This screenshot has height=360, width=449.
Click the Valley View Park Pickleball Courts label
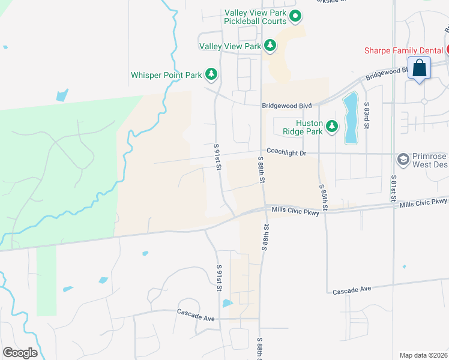(255, 17)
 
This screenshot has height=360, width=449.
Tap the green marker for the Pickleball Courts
(295, 16)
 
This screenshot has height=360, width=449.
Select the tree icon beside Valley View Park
(270, 45)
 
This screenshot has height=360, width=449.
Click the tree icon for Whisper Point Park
(211, 74)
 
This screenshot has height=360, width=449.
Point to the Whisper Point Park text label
(166, 76)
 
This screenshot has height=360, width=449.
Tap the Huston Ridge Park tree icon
(331, 126)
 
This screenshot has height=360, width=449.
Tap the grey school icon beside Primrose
(402, 159)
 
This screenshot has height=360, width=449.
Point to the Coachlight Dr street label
(286, 153)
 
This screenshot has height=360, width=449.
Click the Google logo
(20, 353)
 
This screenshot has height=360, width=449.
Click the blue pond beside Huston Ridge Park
(350, 117)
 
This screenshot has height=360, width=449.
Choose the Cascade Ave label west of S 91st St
(196, 313)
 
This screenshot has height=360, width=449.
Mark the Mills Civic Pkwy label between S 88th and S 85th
(295, 211)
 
